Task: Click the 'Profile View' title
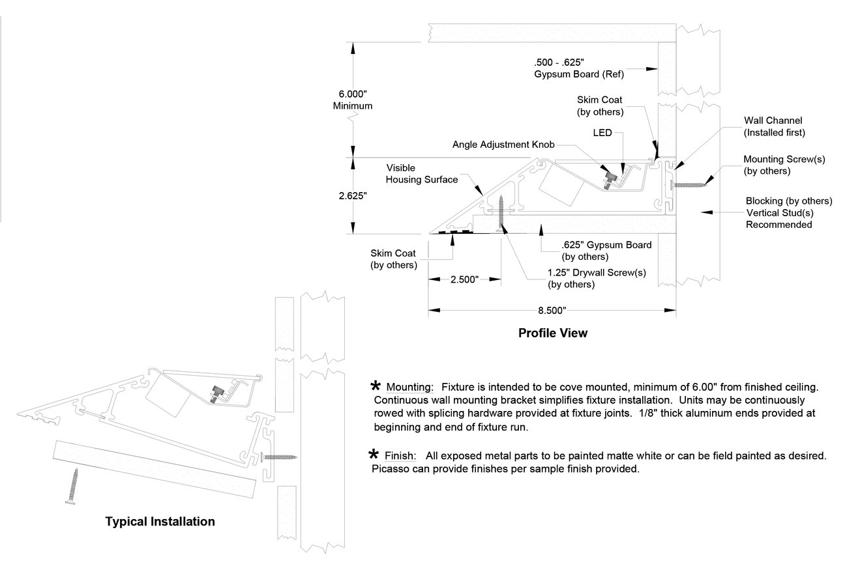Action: coord(553,333)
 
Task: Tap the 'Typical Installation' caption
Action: coord(160,522)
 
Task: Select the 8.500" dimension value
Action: coord(552,311)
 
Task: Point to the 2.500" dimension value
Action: coord(464,279)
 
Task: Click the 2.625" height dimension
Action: coord(353,196)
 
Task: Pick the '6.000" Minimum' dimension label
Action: coord(353,100)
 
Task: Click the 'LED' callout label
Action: coord(602,133)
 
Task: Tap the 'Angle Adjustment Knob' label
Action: coord(503,145)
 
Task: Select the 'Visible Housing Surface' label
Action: coord(421,174)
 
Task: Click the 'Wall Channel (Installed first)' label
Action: coord(774,126)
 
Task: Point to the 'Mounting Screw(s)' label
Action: coord(784,160)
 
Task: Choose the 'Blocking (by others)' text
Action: coord(789,201)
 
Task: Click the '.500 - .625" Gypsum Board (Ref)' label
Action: coord(579,68)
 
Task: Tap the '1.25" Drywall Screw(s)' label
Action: coord(597,273)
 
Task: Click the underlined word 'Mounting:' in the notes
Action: coord(410,387)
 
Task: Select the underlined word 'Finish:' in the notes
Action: coord(400,456)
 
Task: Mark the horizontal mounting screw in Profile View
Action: coord(688,184)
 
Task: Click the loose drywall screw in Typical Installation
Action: coord(72,486)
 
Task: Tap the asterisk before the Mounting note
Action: coord(376,386)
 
